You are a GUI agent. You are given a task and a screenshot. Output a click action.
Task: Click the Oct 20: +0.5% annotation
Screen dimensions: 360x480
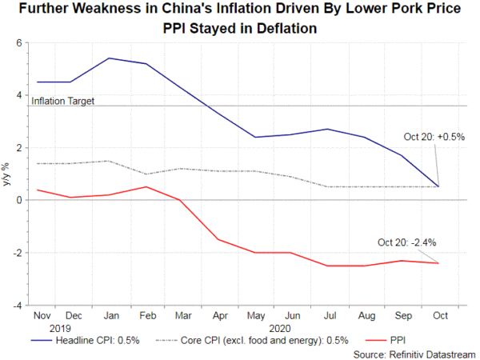point(430,137)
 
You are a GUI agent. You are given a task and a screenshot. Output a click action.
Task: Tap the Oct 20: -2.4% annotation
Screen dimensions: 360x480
point(407,242)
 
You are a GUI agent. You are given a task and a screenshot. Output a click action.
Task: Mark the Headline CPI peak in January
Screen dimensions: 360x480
point(109,58)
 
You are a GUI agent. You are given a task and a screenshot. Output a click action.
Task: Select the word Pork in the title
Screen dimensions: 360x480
point(384,11)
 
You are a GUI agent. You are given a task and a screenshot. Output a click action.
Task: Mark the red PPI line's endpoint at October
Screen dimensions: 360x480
point(438,263)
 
